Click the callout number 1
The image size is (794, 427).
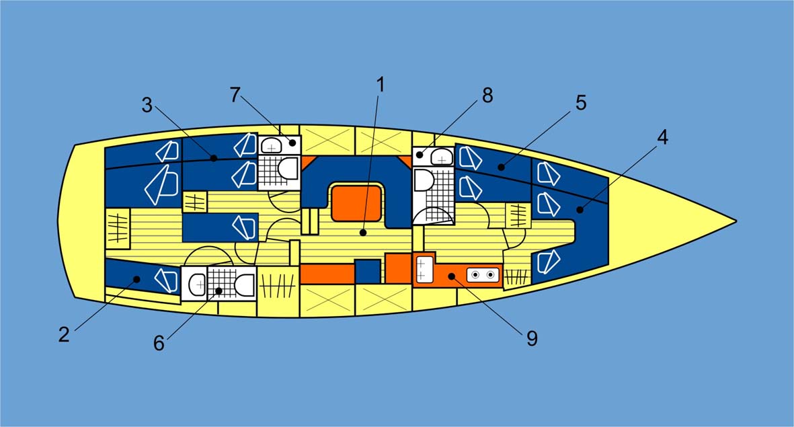[380, 85]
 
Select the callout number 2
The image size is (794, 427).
[64, 335]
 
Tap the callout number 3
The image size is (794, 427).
[148, 105]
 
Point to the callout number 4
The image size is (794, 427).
[662, 137]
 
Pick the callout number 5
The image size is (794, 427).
[581, 103]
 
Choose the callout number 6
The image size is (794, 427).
[159, 343]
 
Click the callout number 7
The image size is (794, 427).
[234, 95]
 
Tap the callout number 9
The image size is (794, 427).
[532, 338]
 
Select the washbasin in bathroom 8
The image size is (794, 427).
[440, 157]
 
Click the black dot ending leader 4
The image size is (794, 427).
[578, 210]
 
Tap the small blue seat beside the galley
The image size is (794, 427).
[367, 271]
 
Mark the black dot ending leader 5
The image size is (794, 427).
[501, 166]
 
